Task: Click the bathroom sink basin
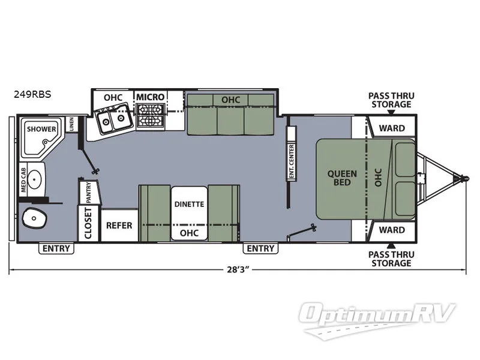[x=36, y=178]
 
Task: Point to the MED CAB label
[x=22, y=179]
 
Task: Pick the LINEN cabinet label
[x=71, y=125]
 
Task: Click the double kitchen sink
[x=113, y=120]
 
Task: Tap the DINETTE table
[x=189, y=204]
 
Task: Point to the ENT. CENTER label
[x=291, y=161]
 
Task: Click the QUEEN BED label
[x=342, y=178]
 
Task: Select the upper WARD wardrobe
[x=391, y=128]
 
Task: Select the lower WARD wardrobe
[x=391, y=230]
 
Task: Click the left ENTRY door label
[x=56, y=248]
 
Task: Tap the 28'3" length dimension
[x=235, y=269]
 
